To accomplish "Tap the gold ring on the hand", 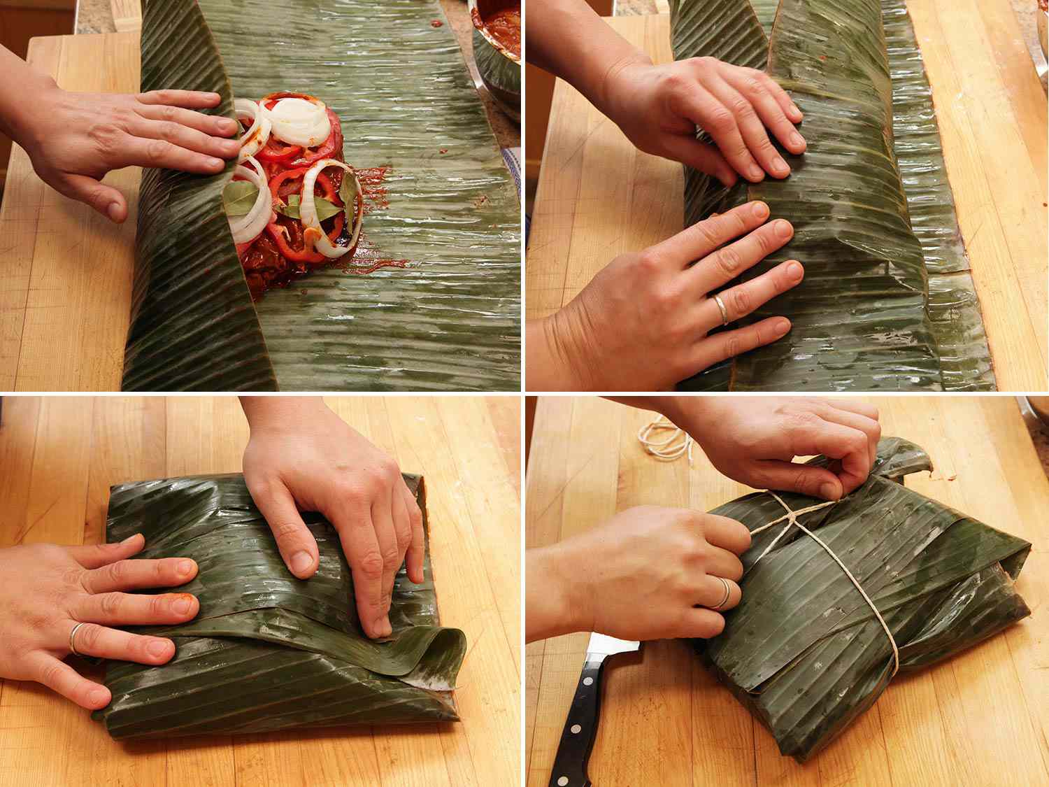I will pos(720,309).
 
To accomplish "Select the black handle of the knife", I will pos(573,728).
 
